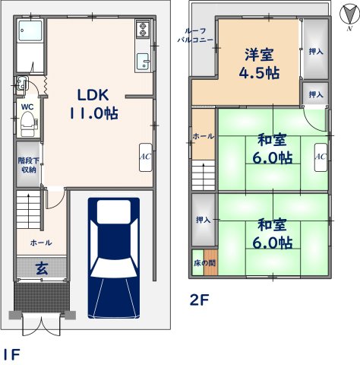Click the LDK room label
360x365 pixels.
(93, 104)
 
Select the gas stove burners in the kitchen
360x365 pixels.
(142, 29)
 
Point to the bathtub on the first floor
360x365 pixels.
(30, 30)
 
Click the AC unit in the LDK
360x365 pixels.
(146, 157)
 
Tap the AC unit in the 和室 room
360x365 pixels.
(321, 157)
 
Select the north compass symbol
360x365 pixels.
(349, 16)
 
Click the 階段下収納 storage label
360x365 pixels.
(29, 165)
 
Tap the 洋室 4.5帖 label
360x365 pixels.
(259, 63)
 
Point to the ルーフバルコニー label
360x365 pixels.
(195, 36)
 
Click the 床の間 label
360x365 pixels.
(205, 263)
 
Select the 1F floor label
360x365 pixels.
(12, 354)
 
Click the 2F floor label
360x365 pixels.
(199, 300)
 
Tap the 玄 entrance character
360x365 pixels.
(42, 268)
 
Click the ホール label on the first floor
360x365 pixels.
(41, 243)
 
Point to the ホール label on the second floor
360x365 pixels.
(204, 136)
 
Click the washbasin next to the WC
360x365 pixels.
(21, 82)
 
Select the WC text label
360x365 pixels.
(27, 107)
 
